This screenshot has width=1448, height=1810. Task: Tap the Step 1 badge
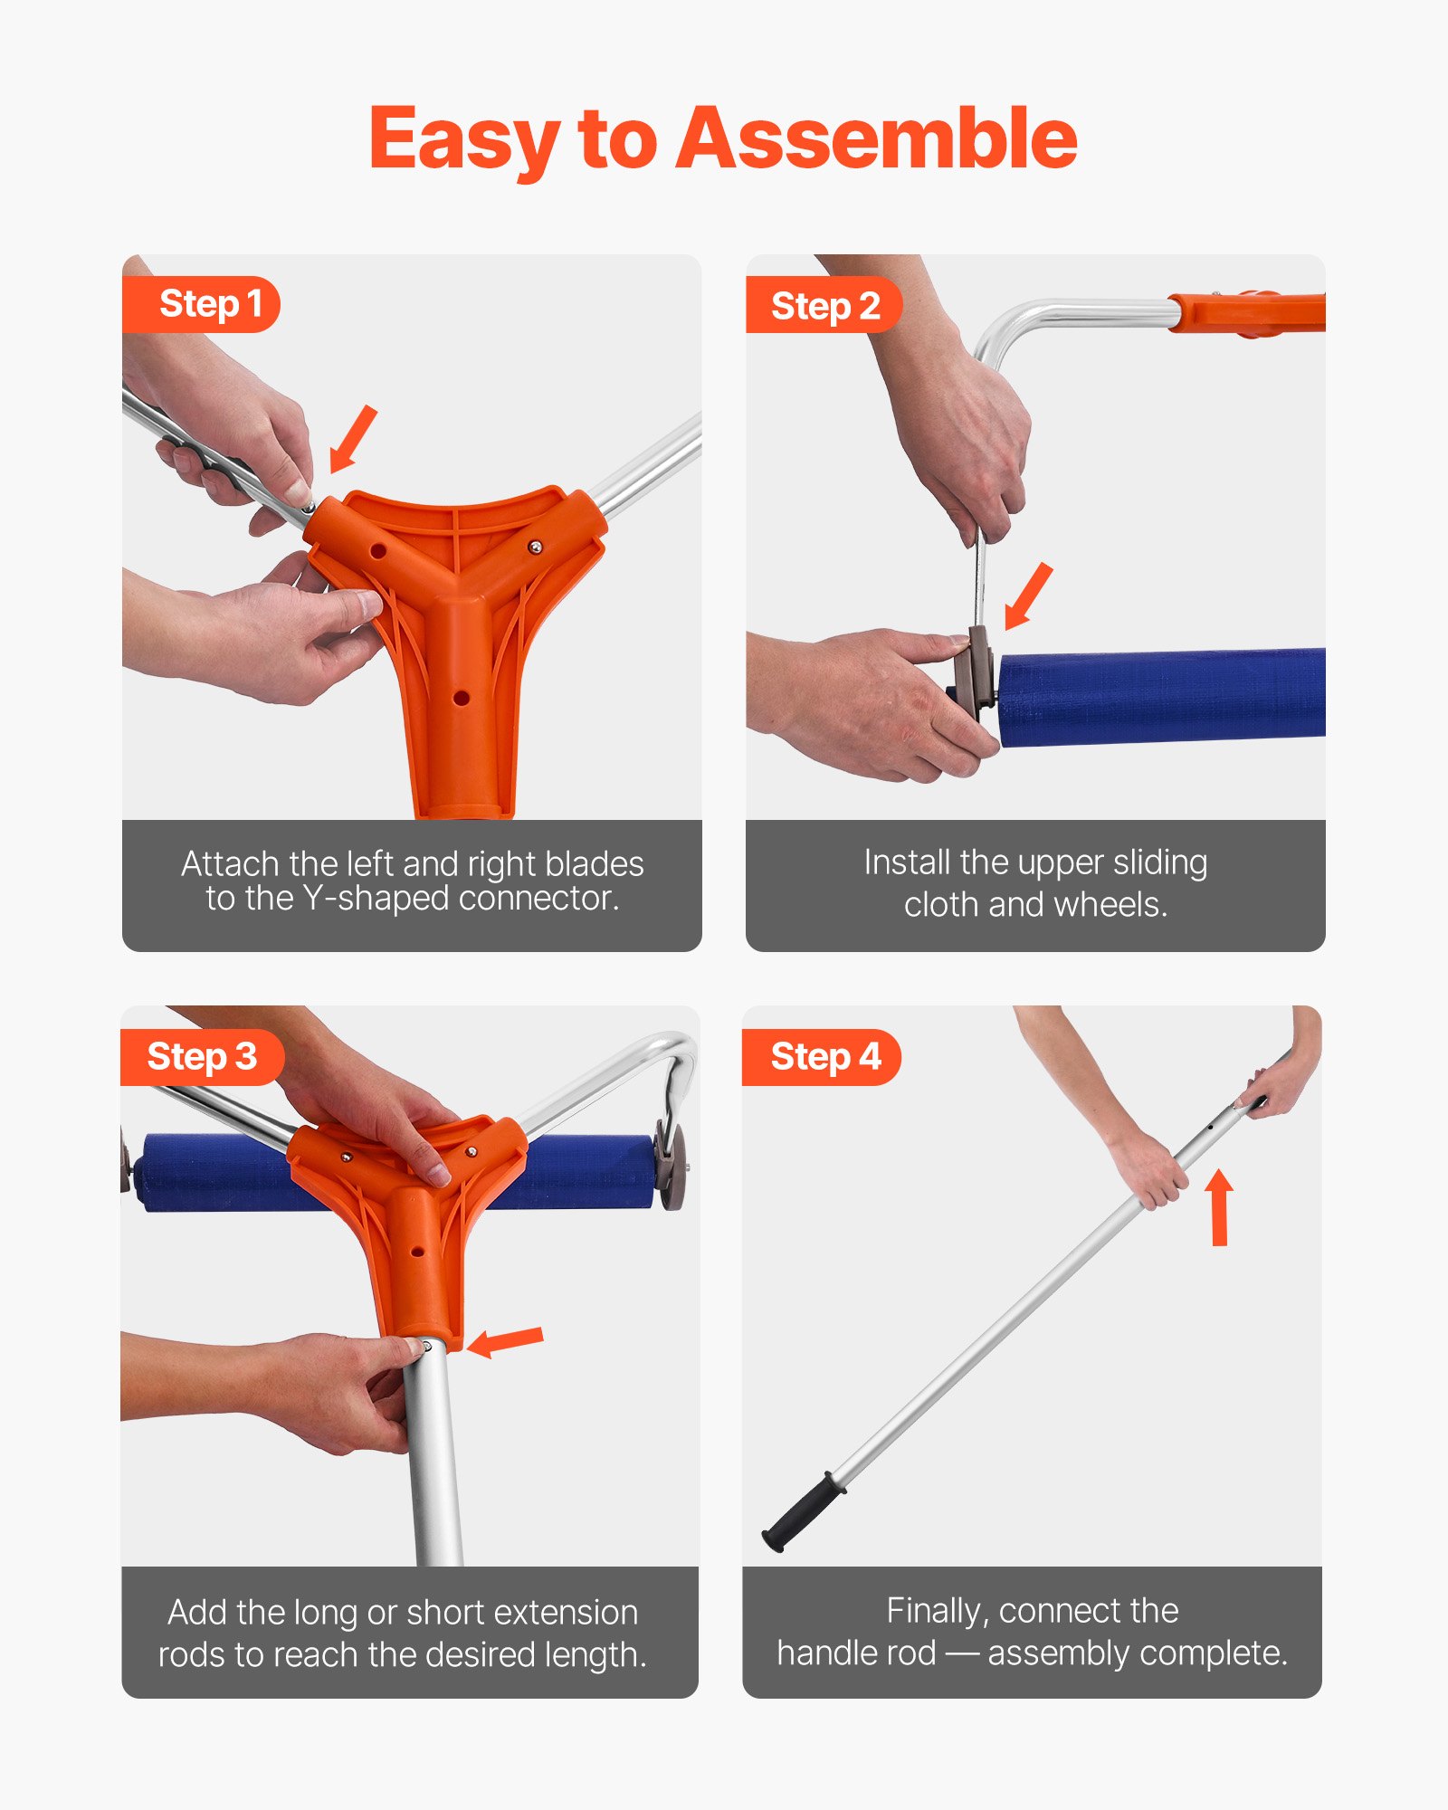point(210,304)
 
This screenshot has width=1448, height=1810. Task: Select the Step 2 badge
point(824,306)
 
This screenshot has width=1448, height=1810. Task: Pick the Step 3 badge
point(202,1057)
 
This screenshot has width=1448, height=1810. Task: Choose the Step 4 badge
point(824,1057)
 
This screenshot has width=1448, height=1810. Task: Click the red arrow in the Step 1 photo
point(352,439)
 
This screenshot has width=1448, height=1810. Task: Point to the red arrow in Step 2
point(1029,595)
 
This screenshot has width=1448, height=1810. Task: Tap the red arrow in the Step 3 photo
point(506,1341)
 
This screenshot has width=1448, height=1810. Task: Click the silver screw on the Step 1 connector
point(536,547)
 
